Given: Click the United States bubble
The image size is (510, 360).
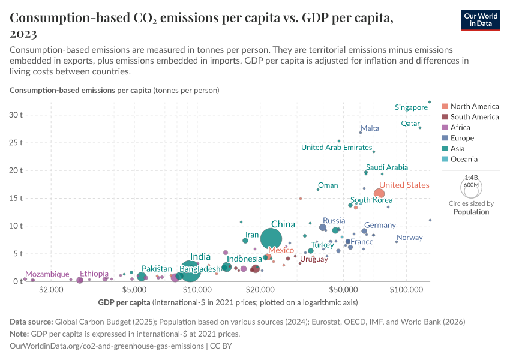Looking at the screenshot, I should point(379,193).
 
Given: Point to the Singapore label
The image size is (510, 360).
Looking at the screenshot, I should point(411,107).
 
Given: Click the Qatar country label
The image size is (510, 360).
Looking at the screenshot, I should point(410,124).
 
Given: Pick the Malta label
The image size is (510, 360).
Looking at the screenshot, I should point(370,128).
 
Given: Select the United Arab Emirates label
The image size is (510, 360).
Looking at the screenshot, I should point(337,147).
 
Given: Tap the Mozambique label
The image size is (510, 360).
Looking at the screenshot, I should point(47,274).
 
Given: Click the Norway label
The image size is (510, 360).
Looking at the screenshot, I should point(409,238).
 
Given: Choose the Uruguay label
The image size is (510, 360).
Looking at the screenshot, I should point(314,259).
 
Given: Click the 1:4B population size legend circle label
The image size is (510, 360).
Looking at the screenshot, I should point(471,178).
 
